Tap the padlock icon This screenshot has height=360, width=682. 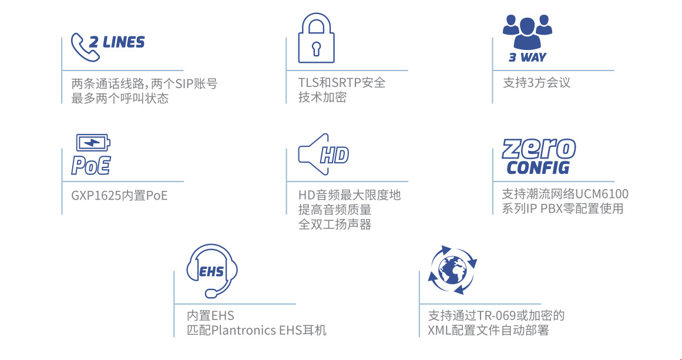316,38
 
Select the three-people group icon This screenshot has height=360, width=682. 527,33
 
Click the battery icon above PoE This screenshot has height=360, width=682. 93,143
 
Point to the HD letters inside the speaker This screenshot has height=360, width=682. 334,155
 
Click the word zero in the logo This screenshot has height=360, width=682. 539,149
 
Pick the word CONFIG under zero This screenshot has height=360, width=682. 538,167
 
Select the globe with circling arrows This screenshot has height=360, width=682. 452,268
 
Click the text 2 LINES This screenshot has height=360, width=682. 116,42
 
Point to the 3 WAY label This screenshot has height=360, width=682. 527,57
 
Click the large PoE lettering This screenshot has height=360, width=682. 91,165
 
